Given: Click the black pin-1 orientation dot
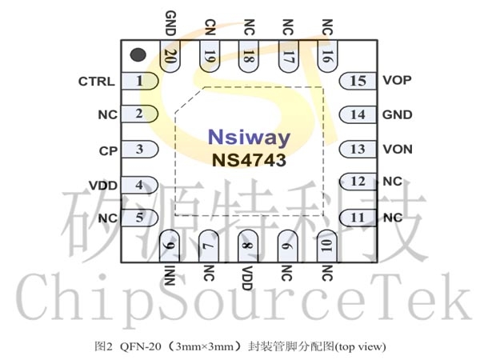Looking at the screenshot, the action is pyautogui.click(x=138, y=54).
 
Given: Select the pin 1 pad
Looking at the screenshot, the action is pyautogui.click(x=139, y=81).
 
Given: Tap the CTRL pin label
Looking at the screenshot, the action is pyautogui.click(x=97, y=82).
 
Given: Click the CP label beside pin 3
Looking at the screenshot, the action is pyautogui.click(x=108, y=151).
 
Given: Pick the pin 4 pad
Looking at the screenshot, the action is pyautogui.click(x=139, y=185).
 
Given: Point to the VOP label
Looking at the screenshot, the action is pyautogui.click(x=397, y=80).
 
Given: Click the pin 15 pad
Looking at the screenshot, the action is pyautogui.click(x=358, y=81).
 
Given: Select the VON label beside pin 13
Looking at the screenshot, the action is pyautogui.click(x=398, y=150).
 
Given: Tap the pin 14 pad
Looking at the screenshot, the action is pyautogui.click(x=358, y=114).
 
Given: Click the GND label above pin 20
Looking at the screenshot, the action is pyautogui.click(x=170, y=23).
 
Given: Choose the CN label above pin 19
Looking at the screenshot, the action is pyautogui.click(x=210, y=27).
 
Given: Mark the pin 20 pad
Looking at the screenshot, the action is pyautogui.click(x=170, y=56).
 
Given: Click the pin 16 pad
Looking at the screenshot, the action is pyautogui.click(x=327, y=56).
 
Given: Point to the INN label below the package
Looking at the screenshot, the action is pyautogui.click(x=170, y=275).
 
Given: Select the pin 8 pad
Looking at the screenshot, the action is pyautogui.click(x=248, y=246).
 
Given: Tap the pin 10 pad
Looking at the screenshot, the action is pyautogui.click(x=327, y=246).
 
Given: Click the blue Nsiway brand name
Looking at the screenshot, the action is pyautogui.click(x=249, y=137).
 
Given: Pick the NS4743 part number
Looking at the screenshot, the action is pyautogui.click(x=249, y=160).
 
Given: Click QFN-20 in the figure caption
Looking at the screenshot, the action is pyautogui.click(x=141, y=346).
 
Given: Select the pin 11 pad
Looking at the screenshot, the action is pyautogui.click(x=358, y=218).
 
